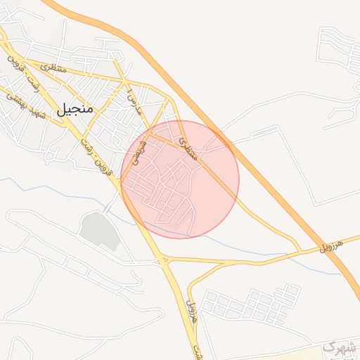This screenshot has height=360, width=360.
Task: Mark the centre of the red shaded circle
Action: point(180,179)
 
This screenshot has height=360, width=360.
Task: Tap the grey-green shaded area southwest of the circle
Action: point(99,230)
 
